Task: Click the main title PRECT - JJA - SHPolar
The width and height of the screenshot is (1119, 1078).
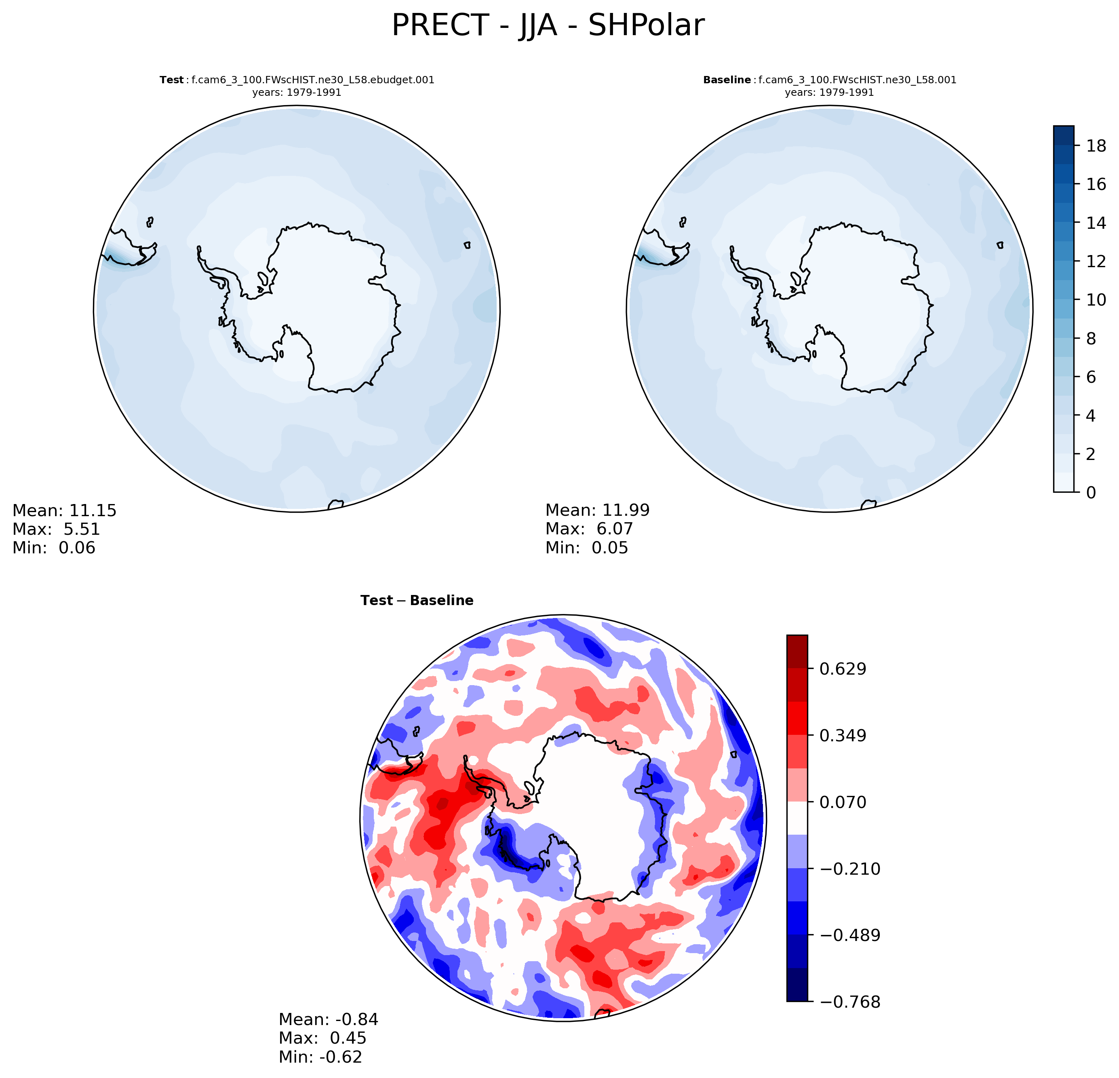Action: pos(548,26)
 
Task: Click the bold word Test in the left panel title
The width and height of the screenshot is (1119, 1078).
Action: pos(171,80)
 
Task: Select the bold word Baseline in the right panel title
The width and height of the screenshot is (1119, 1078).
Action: pos(727,80)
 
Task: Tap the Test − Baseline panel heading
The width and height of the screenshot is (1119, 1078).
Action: pos(417,601)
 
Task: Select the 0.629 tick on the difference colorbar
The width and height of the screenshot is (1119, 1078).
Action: pos(843,669)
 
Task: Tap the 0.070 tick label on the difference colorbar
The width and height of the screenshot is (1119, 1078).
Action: pos(843,802)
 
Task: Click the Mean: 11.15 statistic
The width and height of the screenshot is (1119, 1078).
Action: pos(65,511)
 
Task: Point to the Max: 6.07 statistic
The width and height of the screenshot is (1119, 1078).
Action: pos(589,529)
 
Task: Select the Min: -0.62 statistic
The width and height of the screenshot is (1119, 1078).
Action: pos(320,1057)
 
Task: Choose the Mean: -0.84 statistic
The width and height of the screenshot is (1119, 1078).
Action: pos(328,1019)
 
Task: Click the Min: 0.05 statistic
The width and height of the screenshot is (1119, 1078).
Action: pos(586,548)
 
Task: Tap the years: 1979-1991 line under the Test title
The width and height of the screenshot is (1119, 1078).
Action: pos(297,93)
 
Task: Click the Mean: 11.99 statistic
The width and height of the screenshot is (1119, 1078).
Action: pos(597,511)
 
